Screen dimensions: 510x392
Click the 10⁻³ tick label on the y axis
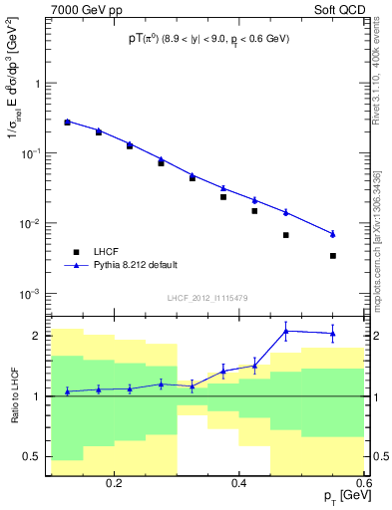click(35, 294)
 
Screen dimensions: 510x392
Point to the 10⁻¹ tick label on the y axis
click(35, 153)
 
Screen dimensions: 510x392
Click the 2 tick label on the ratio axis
click(40, 336)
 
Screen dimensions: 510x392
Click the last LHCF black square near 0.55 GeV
click(333, 256)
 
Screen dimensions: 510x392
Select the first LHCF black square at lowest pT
click(67, 123)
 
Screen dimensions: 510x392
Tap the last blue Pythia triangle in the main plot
click(333, 233)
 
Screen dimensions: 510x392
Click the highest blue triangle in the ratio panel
click(286, 331)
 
